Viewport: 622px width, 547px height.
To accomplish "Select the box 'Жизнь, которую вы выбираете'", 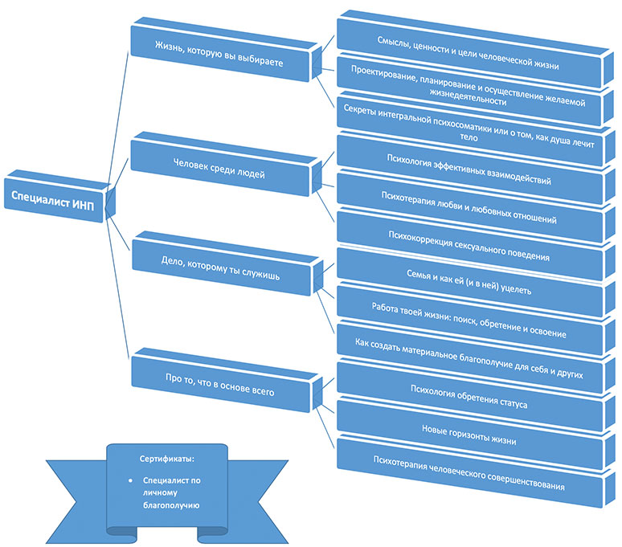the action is coord(219,54).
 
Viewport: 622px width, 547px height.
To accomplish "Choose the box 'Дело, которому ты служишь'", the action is coord(220,268).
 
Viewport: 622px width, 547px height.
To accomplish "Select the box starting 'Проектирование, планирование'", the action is coord(468,92).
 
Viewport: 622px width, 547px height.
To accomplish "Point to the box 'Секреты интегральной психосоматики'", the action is coord(468,129).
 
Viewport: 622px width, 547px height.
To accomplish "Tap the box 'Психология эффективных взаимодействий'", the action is coord(469,169).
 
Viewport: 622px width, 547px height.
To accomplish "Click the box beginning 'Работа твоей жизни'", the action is coord(469,320).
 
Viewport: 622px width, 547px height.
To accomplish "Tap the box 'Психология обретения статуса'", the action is coord(469,396).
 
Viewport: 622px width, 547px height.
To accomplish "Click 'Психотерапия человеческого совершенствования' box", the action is coord(469,472).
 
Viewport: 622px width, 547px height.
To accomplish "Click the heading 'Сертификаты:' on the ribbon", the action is coord(167,459).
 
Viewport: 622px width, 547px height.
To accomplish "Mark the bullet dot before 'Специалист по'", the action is coord(130,480).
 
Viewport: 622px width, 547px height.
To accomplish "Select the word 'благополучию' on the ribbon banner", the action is coord(171,505).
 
